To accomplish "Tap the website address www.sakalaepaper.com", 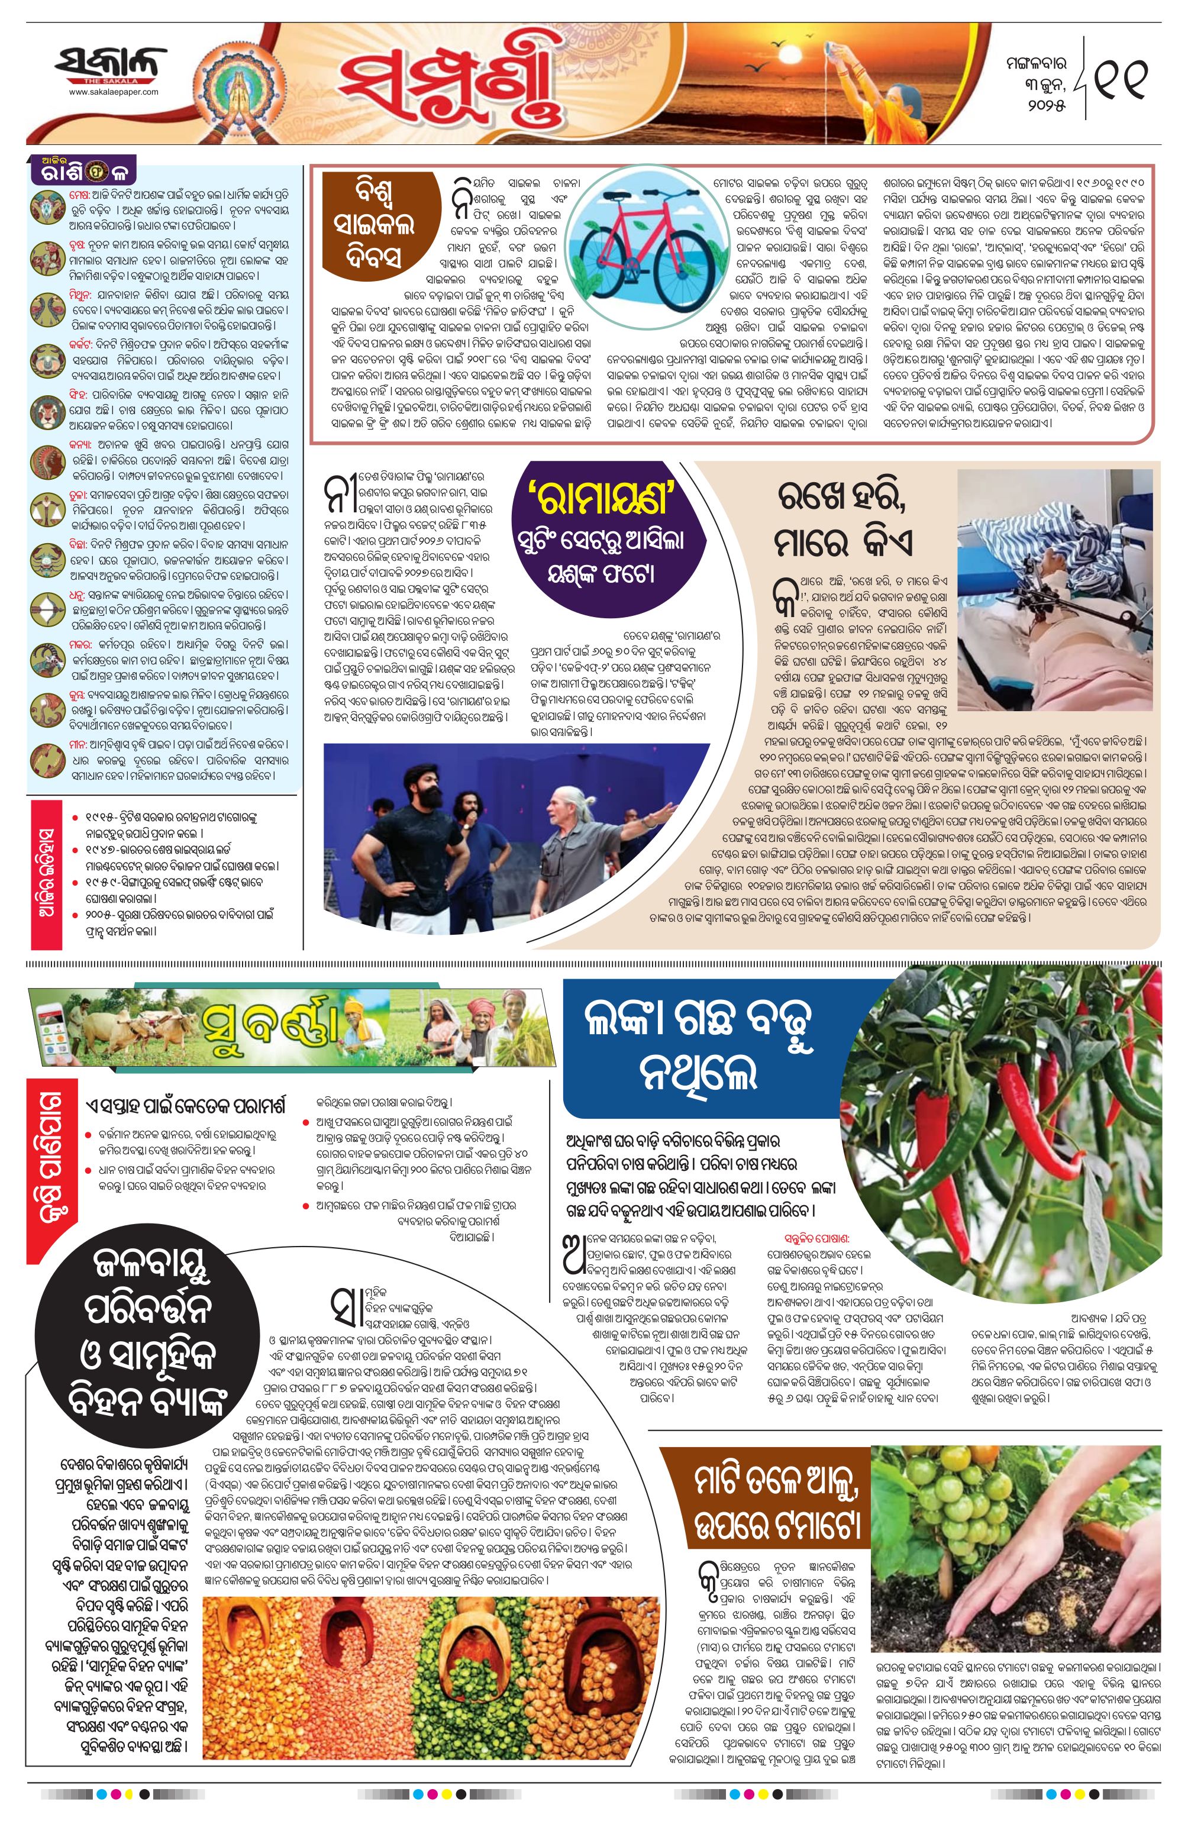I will click(114, 92).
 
